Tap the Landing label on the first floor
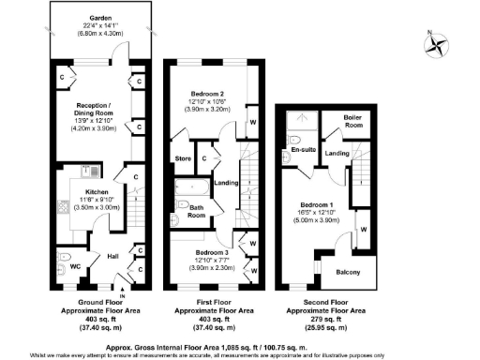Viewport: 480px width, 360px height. click(225, 184)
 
